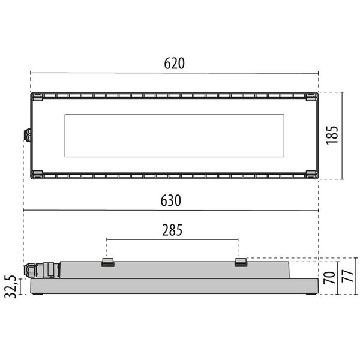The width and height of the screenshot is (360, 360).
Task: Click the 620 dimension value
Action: click(x=175, y=63)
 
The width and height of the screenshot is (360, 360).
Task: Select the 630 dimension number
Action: click(x=171, y=200)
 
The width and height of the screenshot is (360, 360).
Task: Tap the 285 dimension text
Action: click(x=172, y=229)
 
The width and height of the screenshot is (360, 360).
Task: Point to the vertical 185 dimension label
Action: click(x=333, y=135)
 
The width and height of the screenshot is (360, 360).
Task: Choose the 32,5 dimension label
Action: click(x=10, y=286)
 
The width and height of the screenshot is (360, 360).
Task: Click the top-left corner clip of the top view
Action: click(x=37, y=97)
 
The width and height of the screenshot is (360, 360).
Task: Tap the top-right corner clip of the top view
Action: click(x=311, y=97)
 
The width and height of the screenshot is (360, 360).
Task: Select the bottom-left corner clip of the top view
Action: click(x=37, y=174)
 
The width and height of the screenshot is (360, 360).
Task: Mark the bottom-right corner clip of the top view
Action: click(x=311, y=174)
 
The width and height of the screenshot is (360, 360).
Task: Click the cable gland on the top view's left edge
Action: click(x=26, y=135)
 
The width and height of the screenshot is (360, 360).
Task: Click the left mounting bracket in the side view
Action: click(x=108, y=262)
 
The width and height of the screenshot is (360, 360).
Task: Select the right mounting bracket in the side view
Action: click(x=241, y=262)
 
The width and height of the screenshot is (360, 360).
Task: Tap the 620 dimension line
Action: click(x=240, y=74)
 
